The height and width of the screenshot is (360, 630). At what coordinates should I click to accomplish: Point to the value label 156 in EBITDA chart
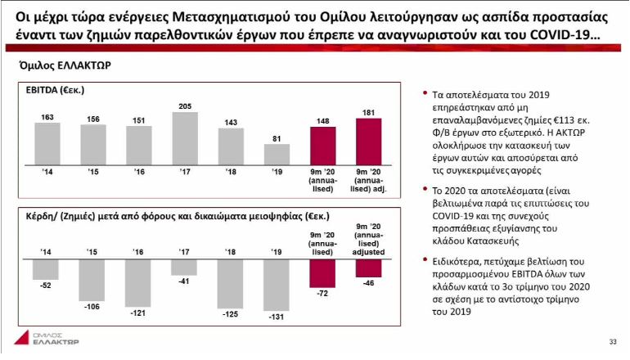pyautogui.click(x=94, y=118)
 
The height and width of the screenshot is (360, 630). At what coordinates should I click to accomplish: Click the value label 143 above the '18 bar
pyautogui.click(x=232, y=121)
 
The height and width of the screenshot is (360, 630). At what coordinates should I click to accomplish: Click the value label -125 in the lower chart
pyautogui.click(x=232, y=315)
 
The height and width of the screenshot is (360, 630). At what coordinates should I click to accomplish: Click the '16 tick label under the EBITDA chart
pyautogui.click(x=140, y=173)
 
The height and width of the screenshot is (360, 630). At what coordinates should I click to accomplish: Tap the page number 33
pyautogui.click(x=612, y=342)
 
